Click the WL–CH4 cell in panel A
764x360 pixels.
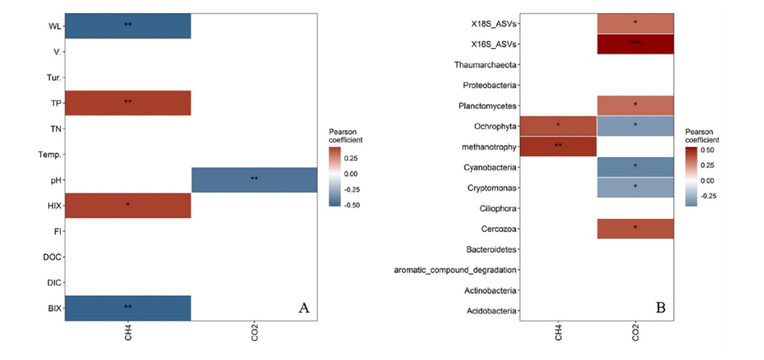(127, 26)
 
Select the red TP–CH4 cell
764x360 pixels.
(127, 103)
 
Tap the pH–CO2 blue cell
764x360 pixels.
(254, 180)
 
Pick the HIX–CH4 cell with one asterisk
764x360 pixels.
(127, 205)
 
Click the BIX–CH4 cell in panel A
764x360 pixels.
(127, 308)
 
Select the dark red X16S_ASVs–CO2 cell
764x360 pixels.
(635, 44)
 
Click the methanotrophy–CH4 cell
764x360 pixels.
(558, 146)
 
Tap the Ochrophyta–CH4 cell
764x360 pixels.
(558, 126)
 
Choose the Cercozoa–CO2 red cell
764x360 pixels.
(635, 228)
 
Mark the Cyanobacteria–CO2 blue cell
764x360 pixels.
(635, 167)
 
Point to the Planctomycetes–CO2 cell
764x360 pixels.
(635, 105)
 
